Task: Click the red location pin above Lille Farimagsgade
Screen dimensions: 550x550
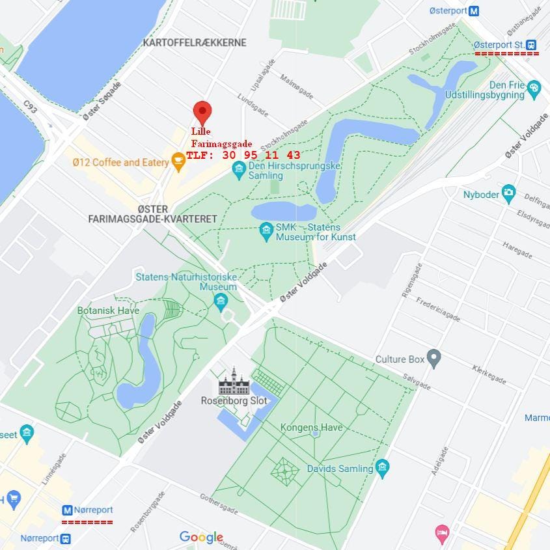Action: click(x=202, y=112)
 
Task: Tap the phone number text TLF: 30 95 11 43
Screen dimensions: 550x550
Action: click(x=243, y=155)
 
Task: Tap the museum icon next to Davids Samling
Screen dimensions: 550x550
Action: click(x=382, y=467)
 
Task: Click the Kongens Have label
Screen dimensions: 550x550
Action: click(x=311, y=428)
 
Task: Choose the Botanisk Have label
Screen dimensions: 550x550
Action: click(x=108, y=310)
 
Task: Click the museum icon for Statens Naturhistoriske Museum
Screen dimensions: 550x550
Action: click(x=221, y=300)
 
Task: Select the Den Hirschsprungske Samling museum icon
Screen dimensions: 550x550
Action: click(x=239, y=170)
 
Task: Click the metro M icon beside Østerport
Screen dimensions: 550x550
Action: click(x=474, y=10)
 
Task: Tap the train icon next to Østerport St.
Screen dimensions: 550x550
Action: click(x=532, y=44)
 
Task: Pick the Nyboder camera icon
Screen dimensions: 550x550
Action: click(x=508, y=193)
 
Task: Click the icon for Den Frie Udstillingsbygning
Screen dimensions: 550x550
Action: click(x=534, y=87)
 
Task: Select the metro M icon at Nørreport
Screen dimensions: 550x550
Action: click(x=67, y=510)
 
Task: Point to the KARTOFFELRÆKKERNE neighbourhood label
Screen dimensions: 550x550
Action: click(x=195, y=42)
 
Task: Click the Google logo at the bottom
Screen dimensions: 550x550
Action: click(x=201, y=537)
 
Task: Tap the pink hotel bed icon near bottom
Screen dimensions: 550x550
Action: click(x=442, y=533)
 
